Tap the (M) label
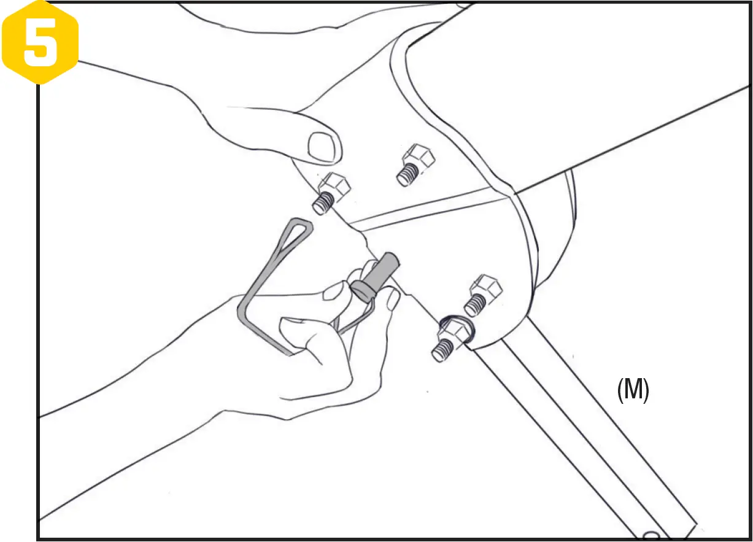[633, 390]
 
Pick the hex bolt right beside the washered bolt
[485, 291]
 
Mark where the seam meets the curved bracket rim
[511, 195]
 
